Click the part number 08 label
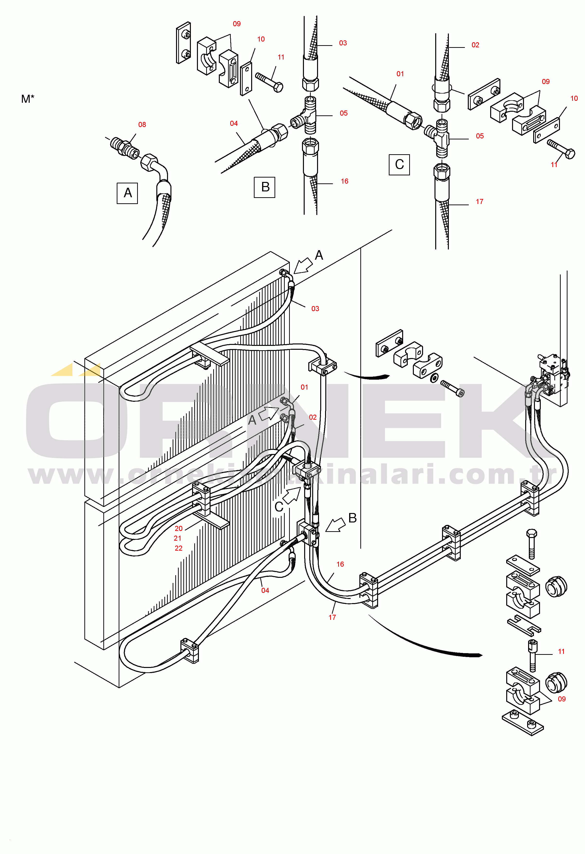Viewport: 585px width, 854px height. click(x=142, y=125)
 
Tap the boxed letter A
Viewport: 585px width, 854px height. click(x=127, y=193)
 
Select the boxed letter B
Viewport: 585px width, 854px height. click(x=265, y=187)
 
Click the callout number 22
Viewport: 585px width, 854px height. click(x=178, y=548)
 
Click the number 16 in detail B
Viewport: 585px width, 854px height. click(x=344, y=181)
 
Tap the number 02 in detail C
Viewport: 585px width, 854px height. click(x=475, y=45)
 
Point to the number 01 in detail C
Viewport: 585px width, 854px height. click(x=400, y=74)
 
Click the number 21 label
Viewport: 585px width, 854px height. click(x=178, y=538)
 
